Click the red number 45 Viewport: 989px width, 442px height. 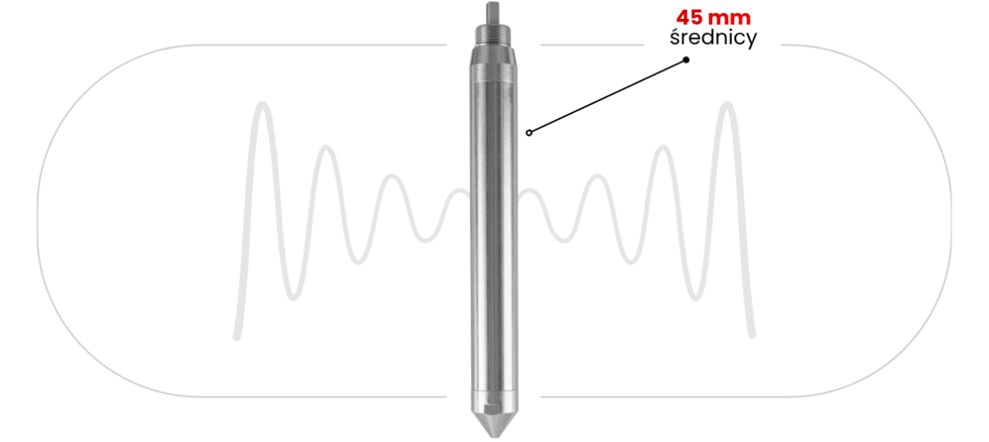pyautogui.click(x=689, y=18)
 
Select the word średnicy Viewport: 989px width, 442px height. pyautogui.click(x=713, y=38)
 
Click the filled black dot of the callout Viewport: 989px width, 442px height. pyautogui.click(x=686, y=59)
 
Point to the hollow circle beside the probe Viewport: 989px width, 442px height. pyautogui.click(x=529, y=133)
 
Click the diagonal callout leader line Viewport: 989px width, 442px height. pyautogui.click(x=607, y=96)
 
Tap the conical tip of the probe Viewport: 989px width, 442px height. pyautogui.click(x=494, y=424)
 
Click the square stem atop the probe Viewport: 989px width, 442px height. pyautogui.click(x=493, y=13)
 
